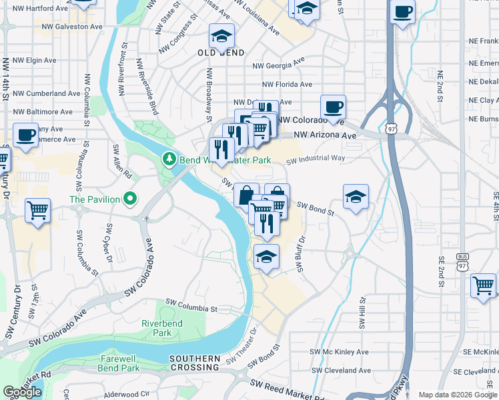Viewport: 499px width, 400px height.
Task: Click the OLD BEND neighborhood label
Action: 220,52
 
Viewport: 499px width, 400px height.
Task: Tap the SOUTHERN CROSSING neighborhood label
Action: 195,363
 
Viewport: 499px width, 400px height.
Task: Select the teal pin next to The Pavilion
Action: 130,199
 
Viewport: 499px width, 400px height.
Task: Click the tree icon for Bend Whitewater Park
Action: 169,159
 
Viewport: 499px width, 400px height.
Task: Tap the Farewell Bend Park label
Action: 120,363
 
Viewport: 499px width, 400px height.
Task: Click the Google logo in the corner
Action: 22,392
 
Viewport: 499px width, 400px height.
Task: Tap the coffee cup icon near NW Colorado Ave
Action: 333,106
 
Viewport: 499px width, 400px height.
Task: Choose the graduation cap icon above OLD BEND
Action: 221,35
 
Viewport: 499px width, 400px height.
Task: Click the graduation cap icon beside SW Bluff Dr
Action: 266,256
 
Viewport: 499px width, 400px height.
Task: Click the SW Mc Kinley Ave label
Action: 340,351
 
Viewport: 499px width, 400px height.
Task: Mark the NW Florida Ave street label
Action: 287,85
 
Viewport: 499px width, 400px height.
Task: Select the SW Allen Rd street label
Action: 122,160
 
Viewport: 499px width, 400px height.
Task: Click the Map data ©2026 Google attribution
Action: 458,395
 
